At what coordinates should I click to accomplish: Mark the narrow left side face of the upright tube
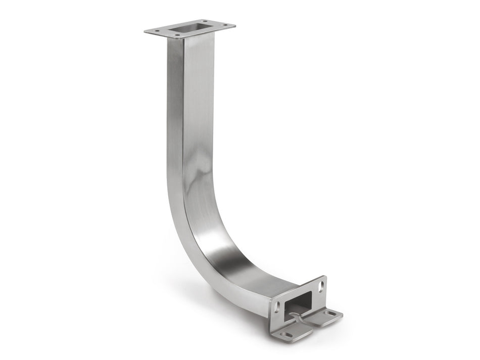tap(174, 126)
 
